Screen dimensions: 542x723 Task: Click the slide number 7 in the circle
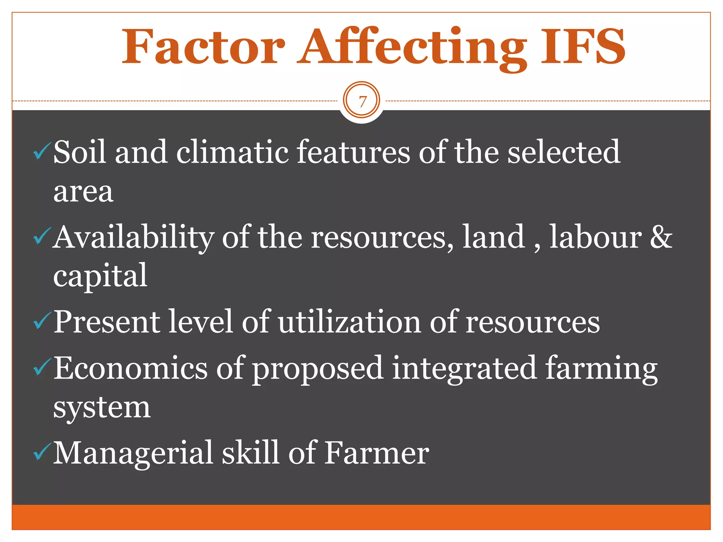(362, 102)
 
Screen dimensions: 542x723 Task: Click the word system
(102, 408)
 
